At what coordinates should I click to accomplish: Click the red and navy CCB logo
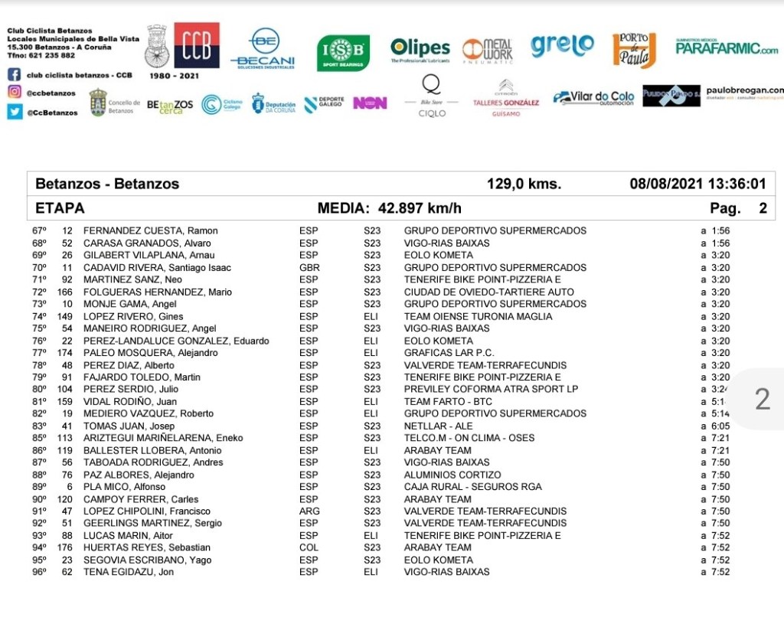(x=197, y=45)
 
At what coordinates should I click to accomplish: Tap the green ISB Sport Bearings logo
(x=343, y=52)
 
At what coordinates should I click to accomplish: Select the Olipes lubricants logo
(x=420, y=50)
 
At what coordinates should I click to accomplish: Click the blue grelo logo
(x=562, y=45)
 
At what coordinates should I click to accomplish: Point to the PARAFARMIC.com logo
(x=727, y=48)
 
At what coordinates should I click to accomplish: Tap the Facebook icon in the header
(x=15, y=75)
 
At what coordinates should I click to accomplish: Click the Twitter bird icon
(x=15, y=112)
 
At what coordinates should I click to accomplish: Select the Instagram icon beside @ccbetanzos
(x=15, y=93)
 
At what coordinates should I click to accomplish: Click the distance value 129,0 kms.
(x=524, y=184)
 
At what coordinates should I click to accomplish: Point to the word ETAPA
(x=60, y=208)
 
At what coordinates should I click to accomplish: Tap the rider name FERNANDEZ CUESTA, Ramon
(x=150, y=230)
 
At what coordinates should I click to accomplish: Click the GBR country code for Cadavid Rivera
(x=309, y=267)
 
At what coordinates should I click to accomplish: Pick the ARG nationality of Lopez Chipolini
(x=309, y=511)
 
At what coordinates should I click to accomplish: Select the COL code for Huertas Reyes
(x=309, y=547)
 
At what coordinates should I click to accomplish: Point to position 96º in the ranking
(x=39, y=572)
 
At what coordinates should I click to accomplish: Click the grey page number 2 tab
(x=762, y=399)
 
